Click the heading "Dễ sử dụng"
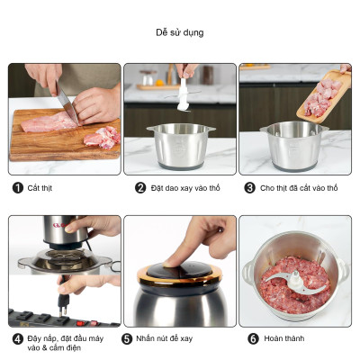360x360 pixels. (x=180, y=32)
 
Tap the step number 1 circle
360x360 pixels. (x=18, y=188)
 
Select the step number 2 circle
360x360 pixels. (x=140, y=188)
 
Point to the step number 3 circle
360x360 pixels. (x=249, y=188)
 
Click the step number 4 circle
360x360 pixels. (x=18, y=339)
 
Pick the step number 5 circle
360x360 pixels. (x=127, y=339)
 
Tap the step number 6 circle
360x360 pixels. (x=253, y=339)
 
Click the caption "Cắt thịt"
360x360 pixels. (x=40, y=188)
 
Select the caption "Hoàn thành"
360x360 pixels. (x=284, y=338)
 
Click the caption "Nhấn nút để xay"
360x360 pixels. (x=164, y=338)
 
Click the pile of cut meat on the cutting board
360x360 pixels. (x=102, y=137)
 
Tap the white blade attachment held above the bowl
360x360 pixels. (x=183, y=96)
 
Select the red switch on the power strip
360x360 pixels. (x=81, y=323)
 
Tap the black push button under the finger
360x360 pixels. (x=179, y=269)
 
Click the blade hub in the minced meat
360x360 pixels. (x=295, y=276)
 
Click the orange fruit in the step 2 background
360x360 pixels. (x=159, y=83)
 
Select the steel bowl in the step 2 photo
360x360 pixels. (x=181, y=146)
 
